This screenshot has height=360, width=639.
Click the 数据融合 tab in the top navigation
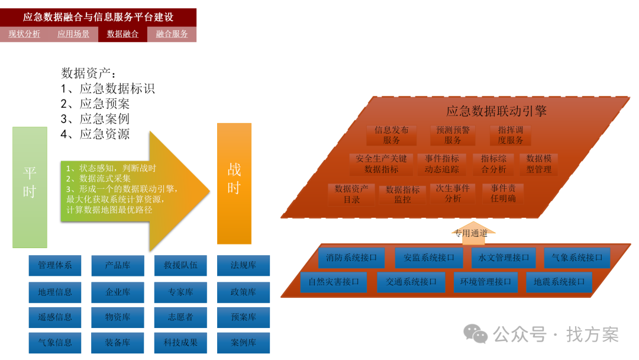pyautogui.click(x=122, y=34)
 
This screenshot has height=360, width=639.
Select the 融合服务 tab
pyautogui.click(x=172, y=34)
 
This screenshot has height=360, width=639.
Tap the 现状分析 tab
pyautogui.click(x=24, y=34)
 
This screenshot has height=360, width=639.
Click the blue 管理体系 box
pyautogui.click(x=55, y=265)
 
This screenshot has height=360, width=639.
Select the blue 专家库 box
pyautogui.click(x=180, y=292)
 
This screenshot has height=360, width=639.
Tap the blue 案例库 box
pyautogui.click(x=243, y=342)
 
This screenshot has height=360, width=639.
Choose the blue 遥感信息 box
pyautogui.click(x=55, y=317)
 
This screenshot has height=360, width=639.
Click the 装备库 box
pyautogui.click(x=118, y=342)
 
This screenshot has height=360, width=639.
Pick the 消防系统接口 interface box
pyautogui.click(x=351, y=258)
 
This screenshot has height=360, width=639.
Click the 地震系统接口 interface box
pyautogui.click(x=559, y=282)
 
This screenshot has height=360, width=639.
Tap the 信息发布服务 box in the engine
pyautogui.click(x=391, y=135)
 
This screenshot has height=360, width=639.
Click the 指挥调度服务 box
pyautogui.click(x=510, y=135)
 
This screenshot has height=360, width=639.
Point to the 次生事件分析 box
pyautogui.click(x=453, y=194)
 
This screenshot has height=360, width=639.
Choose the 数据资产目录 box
pyautogui.click(x=351, y=194)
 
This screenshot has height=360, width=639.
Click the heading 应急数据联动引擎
pyautogui.click(x=496, y=111)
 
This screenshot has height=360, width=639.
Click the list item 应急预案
pyautogui.click(x=104, y=104)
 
